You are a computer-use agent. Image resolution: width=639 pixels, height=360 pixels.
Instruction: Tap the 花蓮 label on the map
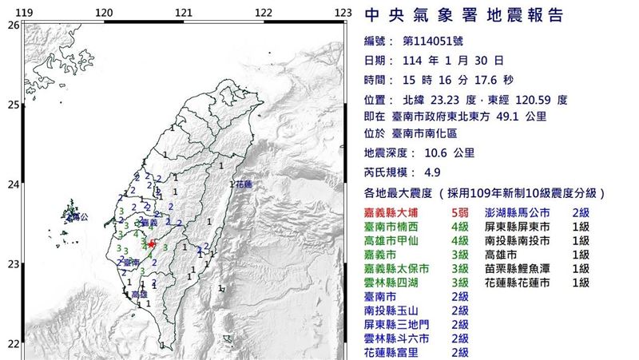244,184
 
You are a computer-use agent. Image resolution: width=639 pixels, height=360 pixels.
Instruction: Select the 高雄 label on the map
139,295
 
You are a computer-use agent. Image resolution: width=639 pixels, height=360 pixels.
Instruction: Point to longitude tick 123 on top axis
343,12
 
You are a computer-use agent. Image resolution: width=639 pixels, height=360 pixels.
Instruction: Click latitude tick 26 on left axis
12,26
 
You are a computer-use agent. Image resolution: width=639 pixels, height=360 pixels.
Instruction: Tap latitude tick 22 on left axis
12,343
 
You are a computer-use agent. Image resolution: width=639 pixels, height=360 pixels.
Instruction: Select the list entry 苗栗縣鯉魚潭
517,268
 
